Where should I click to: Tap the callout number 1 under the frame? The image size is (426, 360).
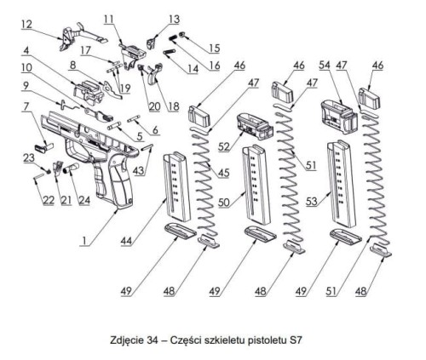point(83,242)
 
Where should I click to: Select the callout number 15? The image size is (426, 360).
point(213,49)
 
